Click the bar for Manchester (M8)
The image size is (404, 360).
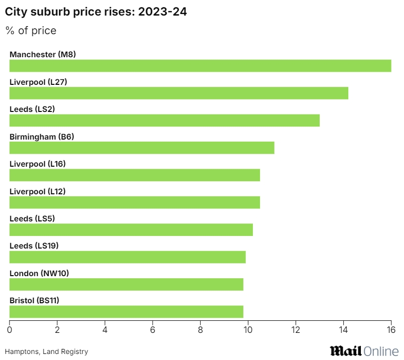click(x=200, y=66)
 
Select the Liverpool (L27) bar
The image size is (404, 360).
click(x=179, y=93)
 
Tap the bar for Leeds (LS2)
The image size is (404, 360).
click(x=165, y=121)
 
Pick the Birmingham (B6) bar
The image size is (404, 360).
click(x=142, y=148)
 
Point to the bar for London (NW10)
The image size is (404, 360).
click(x=126, y=285)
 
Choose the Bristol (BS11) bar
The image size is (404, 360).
click(x=126, y=312)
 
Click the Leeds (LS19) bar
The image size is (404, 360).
click(x=127, y=257)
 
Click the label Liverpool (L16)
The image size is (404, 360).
click(x=38, y=164)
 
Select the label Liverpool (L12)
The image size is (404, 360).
click(x=38, y=191)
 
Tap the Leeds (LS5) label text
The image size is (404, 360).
click(x=32, y=218)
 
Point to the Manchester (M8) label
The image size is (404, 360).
click(x=43, y=54)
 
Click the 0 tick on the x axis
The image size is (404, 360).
click(x=10, y=330)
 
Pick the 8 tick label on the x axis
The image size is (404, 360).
click(x=200, y=330)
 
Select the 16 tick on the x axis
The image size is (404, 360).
click(x=391, y=330)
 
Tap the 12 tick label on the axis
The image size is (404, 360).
click(x=296, y=330)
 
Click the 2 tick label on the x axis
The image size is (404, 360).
click(x=57, y=330)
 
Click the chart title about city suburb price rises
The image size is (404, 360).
click(x=96, y=13)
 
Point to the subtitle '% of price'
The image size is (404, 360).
click(x=31, y=31)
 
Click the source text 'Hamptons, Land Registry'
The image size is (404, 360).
click(x=46, y=352)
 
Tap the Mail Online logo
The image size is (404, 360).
click(x=364, y=351)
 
